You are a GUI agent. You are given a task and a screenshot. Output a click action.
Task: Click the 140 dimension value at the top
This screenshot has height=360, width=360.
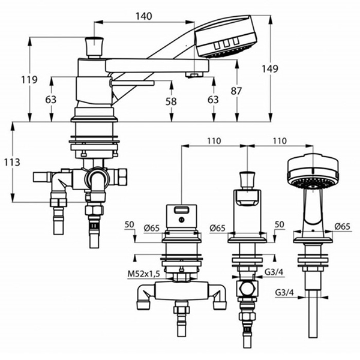tap(144, 16)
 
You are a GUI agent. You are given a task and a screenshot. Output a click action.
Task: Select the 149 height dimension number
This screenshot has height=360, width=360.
tap(270, 68)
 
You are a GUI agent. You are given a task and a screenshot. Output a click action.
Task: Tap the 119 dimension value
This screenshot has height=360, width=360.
tap(29, 80)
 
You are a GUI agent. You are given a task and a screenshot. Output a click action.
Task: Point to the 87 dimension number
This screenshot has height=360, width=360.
tap(236, 91)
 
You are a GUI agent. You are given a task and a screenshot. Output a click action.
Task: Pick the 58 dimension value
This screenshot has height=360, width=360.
tap(171, 101)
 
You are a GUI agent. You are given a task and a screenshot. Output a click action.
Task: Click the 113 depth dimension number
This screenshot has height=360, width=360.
tap(12, 163)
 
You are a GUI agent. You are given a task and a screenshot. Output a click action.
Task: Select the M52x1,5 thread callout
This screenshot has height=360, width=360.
tap(144, 274)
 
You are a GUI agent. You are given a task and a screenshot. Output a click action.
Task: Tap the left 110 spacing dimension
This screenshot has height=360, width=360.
tap(214, 141)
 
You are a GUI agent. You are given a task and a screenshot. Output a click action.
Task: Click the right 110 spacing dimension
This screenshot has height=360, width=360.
tap(280, 141)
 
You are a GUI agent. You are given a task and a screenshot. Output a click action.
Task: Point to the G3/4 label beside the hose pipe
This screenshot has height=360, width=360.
tap(284, 292)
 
